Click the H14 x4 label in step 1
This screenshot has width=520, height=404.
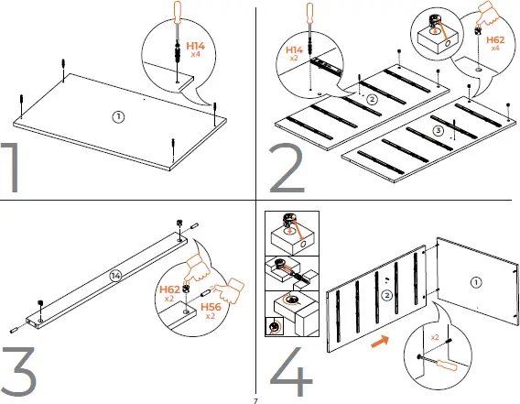pos(196,49)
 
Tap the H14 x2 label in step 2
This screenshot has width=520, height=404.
pos(294,51)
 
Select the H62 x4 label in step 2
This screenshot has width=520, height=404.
pos(495,43)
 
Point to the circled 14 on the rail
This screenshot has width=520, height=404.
pos(114,274)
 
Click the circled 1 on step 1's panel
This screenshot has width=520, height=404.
pos(117,116)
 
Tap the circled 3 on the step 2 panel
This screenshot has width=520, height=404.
pos(437,131)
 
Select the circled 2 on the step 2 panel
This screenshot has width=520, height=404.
pos(371,99)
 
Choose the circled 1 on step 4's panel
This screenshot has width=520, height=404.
pos(476,281)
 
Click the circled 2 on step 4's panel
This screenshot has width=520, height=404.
pos(387,295)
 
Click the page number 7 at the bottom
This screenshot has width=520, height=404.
pos(256,399)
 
